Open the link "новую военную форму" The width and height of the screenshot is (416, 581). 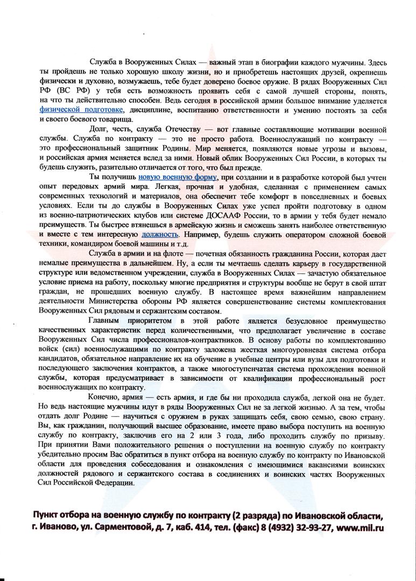point(178,176)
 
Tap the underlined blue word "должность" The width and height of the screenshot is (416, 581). point(159,235)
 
